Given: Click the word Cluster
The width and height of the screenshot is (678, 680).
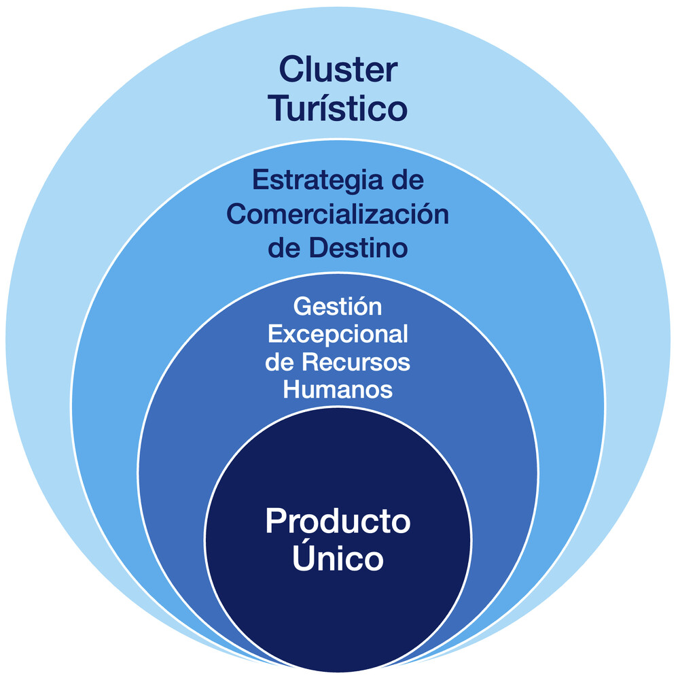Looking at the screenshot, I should coord(338,70).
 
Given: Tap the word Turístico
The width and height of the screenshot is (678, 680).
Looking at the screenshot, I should coord(338,109).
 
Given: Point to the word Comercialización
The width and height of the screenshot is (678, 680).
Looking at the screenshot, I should coord(338,215).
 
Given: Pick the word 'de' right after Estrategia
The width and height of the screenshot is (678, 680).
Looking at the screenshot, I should coord(405,182).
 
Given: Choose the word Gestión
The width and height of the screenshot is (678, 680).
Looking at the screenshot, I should coord(338,307).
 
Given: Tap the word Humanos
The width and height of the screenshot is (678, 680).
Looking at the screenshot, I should coord(338,390).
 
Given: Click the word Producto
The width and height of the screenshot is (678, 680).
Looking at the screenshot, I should coord(338,522).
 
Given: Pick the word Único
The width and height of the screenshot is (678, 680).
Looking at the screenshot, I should coord(338,559).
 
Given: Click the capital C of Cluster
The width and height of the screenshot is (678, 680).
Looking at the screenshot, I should coord(291,70).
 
